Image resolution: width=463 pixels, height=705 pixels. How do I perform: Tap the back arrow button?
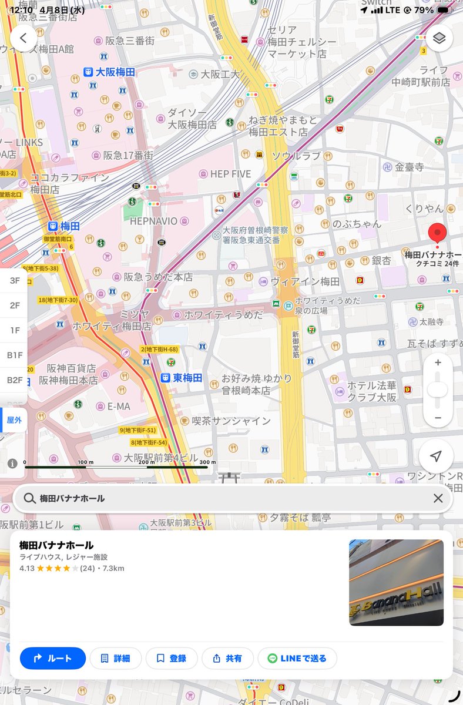pyautogui.click(x=24, y=39)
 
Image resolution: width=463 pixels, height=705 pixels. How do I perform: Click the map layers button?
pyautogui.click(x=439, y=39)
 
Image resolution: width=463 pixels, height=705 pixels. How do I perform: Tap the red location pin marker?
pyautogui.click(x=437, y=234)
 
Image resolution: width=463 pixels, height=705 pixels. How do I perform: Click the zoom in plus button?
pyautogui.click(x=438, y=362)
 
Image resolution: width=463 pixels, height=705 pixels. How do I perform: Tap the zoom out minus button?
pyautogui.click(x=438, y=418)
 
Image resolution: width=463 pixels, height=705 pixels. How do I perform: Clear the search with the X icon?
pyautogui.click(x=438, y=498)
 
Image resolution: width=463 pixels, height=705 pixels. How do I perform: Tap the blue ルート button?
pyautogui.click(x=53, y=658)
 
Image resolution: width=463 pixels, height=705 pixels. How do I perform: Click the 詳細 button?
pyautogui.click(x=115, y=658)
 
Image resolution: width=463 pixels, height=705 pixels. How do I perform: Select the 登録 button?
pyautogui.click(x=171, y=658)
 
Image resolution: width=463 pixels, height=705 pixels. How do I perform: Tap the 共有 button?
pyautogui.click(x=227, y=658)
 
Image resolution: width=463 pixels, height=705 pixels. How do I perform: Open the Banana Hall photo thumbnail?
pyautogui.click(x=396, y=582)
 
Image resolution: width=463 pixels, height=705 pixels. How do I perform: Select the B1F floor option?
pyautogui.click(x=15, y=355)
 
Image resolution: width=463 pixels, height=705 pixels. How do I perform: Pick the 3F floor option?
pyautogui.click(x=15, y=281)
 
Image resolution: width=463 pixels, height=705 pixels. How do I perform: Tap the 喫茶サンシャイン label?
pyautogui.click(x=226, y=421)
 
